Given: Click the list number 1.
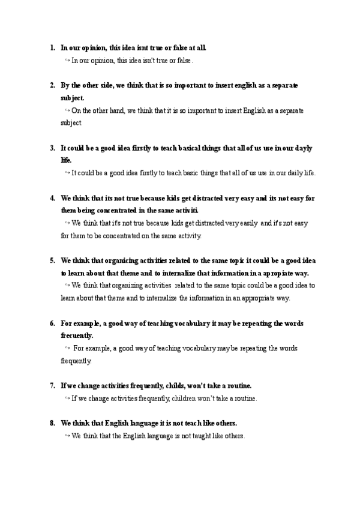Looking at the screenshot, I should [x=52, y=47].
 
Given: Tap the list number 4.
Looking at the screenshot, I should [x=52, y=197].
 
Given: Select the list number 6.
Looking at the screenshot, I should [x=52, y=324].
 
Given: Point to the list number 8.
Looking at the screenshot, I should [x=52, y=423].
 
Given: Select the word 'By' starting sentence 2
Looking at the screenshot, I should [x=65, y=85].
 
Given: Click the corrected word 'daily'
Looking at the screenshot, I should [x=292, y=173].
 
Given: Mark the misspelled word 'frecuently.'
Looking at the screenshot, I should [x=77, y=336].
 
